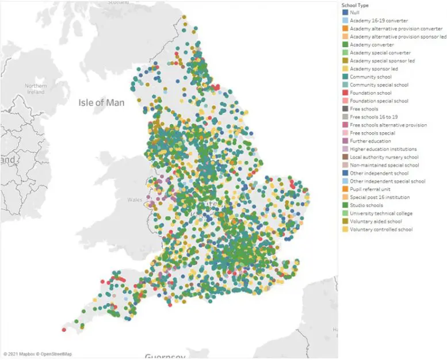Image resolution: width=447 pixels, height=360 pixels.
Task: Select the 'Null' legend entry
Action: tap(354, 12)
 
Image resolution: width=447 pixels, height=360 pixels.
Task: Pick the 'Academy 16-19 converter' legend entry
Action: tap(377, 20)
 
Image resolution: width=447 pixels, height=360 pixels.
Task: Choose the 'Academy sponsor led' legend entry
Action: tap(373, 68)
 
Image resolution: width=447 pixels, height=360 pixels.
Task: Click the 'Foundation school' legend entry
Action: tap(370, 93)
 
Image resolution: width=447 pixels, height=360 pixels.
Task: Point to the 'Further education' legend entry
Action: tap(370, 141)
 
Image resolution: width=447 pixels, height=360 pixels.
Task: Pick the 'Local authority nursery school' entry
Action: tap(384, 157)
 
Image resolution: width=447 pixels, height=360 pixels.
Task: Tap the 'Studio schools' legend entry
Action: tap(366, 205)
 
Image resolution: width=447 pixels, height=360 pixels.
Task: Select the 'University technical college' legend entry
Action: tap(381, 213)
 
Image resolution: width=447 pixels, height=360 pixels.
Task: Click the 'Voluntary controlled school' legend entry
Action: tap(381, 229)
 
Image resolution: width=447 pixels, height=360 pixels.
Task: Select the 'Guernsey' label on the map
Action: tap(165, 357)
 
